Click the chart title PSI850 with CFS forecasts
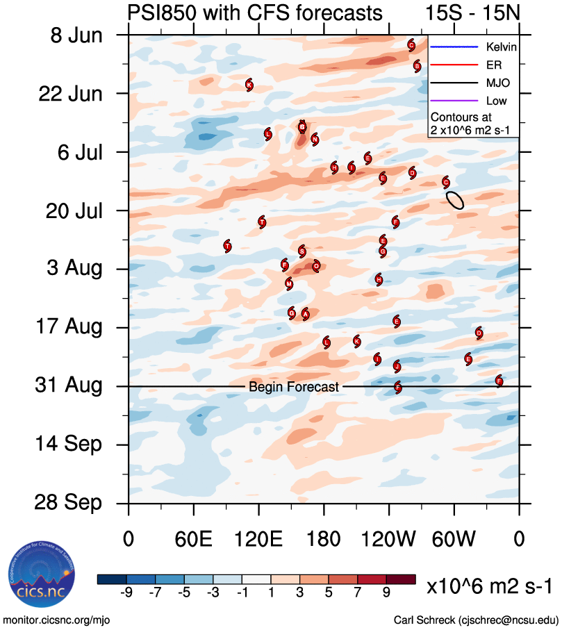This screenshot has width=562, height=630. pyautogui.click(x=254, y=13)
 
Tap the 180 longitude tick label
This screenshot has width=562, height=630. pyautogui.click(x=324, y=540)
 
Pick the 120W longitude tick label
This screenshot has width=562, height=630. pyautogui.click(x=389, y=540)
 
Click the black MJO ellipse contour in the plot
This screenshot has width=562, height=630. pyautogui.click(x=455, y=200)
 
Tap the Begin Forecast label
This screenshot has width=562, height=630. pyautogui.click(x=294, y=387)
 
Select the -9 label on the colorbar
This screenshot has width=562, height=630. pyautogui.click(x=126, y=592)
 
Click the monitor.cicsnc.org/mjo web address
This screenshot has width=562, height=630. pyautogui.click(x=56, y=620)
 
